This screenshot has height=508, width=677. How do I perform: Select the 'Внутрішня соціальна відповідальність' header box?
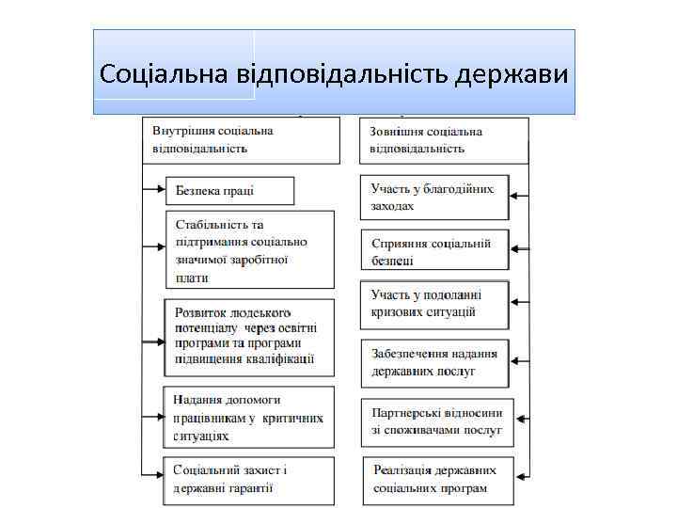pos(240,140)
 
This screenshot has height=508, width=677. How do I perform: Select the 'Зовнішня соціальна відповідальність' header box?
pos(443,140)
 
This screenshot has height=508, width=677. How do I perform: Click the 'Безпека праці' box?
pos(230,191)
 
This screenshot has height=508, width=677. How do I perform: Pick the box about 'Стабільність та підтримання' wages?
pos(250,250)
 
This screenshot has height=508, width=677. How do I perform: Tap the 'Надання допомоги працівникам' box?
pos(249,418)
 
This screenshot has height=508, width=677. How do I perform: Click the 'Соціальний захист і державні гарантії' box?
pos(248,480)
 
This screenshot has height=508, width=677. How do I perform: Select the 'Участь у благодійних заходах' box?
pos(433,197)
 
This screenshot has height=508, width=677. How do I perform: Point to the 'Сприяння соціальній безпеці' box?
pos(433,250)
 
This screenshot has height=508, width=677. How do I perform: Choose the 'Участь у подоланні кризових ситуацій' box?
pos(433,304)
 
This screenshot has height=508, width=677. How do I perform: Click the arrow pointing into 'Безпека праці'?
pos(154,191)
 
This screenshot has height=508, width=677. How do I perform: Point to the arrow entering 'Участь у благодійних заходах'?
pos(518,197)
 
